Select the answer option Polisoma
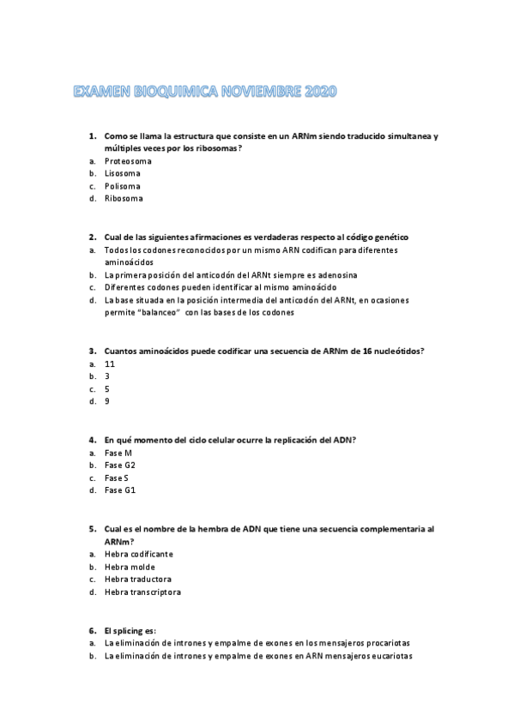click(123, 186)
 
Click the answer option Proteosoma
click(128, 161)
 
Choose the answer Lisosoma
click(123, 173)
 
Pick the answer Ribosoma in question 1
click(124, 199)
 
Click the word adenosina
click(335, 274)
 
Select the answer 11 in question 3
click(110, 363)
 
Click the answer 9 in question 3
click(107, 401)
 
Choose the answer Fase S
click(117, 478)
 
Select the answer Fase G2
click(119, 465)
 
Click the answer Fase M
click(118, 453)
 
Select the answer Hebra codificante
click(138, 554)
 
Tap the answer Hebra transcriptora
click(142, 592)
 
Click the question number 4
click(92, 440)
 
